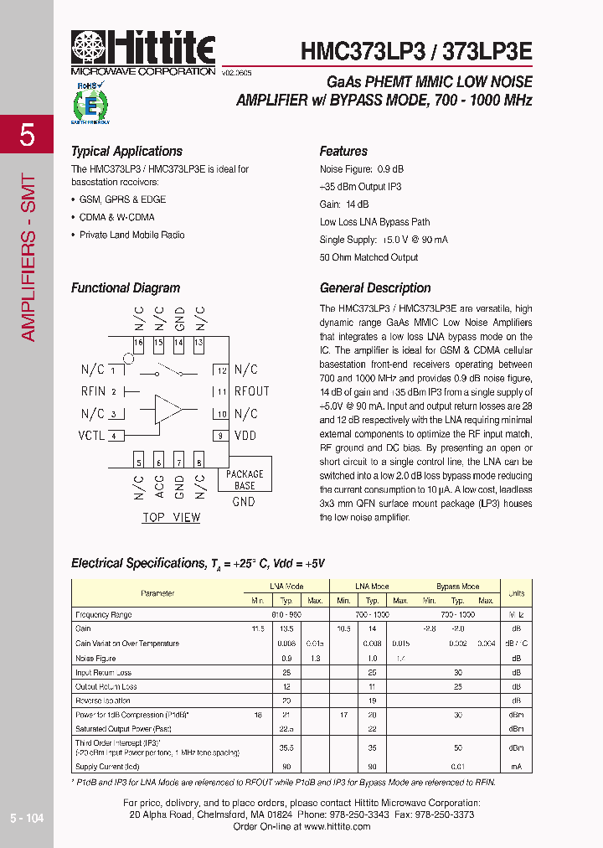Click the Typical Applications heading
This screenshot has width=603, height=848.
(x=126, y=152)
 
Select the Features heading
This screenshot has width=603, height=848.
(x=343, y=152)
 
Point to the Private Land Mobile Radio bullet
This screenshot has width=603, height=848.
(x=131, y=235)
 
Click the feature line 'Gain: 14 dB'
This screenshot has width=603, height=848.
(x=344, y=204)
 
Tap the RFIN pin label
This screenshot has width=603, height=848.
(x=93, y=391)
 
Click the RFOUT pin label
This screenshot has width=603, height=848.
(x=251, y=391)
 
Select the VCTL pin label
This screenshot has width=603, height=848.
(x=91, y=436)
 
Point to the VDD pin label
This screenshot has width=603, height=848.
(x=245, y=436)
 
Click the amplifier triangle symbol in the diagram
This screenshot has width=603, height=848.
(x=168, y=408)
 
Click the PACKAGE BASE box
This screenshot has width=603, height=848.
(x=245, y=479)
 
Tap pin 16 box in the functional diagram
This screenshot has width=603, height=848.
(x=138, y=344)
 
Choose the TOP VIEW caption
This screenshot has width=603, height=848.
(x=171, y=517)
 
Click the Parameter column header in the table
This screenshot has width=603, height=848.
(x=157, y=593)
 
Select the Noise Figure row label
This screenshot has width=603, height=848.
(x=97, y=658)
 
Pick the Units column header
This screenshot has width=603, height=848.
(x=516, y=593)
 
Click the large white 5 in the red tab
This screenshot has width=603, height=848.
(x=27, y=135)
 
